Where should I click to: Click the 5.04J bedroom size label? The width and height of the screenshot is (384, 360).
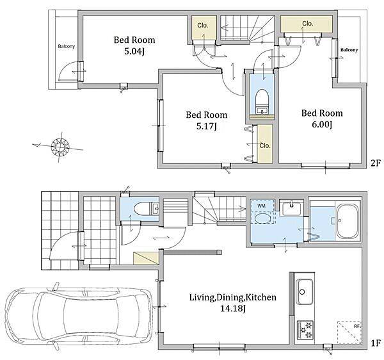[134, 51]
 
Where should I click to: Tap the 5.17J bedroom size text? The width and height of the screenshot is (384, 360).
[206, 126]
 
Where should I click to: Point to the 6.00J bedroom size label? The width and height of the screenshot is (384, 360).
[322, 125]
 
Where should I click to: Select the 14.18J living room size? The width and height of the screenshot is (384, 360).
[233, 309]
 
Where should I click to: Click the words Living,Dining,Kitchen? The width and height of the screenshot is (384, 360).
[233, 297]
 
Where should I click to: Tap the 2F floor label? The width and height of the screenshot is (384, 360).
[376, 163]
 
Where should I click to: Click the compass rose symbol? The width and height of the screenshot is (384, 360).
[60, 147]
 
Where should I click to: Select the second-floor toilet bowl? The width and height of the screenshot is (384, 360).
[262, 99]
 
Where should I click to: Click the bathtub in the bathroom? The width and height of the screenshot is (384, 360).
[348, 221]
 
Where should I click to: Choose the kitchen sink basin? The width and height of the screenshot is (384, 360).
[305, 291]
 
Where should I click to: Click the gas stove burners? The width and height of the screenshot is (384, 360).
[305, 330]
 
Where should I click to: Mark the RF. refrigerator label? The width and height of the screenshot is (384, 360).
[356, 327]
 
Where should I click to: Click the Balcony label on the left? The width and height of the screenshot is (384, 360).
[67, 46]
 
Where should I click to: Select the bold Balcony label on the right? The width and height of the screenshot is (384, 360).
[349, 50]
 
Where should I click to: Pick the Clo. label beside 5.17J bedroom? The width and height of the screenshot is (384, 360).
[265, 146]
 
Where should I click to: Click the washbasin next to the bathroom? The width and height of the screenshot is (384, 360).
[291, 208]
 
